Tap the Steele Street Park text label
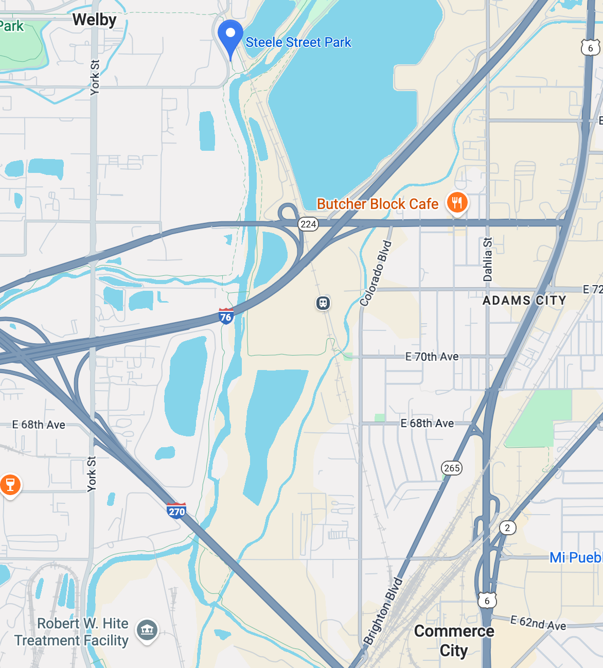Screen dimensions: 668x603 [x=298, y=42]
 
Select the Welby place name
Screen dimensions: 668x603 [x=94, y=20]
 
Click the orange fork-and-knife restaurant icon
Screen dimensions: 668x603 [x=457, y=202]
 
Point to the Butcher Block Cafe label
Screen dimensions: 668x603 [x=377, y=204]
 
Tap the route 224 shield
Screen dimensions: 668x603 [x=308, y=224]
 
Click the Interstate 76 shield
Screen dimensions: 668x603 [x=226, y=316]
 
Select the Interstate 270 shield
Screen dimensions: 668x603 [x=176, y=511]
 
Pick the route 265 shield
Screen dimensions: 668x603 [x=452, y=468]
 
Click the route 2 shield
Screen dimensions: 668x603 [x=507, y=528]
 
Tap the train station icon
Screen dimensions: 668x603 [x=323, y=303]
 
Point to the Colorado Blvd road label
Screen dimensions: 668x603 [x=376, y=274]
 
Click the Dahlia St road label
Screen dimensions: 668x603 [x=488, y=259]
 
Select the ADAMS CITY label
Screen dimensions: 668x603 [x=524, y=301]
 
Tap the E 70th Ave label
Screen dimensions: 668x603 [x=432, y=357]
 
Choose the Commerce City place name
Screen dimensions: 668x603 [x=454, y=641]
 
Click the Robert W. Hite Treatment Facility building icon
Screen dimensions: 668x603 [x=147, y=629]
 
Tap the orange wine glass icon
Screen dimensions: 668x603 [x=10, y=485]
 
